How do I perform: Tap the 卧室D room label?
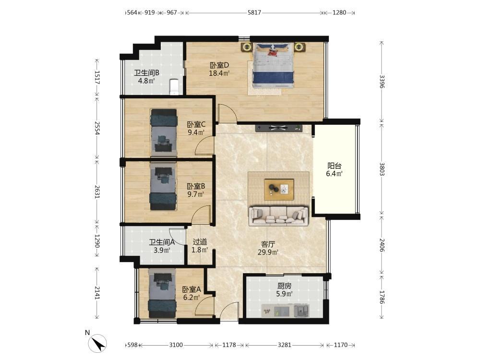coord(219,65)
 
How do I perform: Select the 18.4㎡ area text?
coord(219,73)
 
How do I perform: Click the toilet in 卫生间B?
coord(174,87)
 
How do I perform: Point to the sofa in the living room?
coord(278,216)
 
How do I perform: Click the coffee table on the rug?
coord(279,190)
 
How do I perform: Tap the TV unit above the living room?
coord(278,128)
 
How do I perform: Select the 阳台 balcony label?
coord(334,166)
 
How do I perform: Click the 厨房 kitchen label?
coord(284,286)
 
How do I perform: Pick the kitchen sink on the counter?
coord(301,311)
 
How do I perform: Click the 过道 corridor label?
coord(200,242)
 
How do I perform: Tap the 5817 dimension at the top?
coord(254,12)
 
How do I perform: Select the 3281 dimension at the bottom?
coord(284,345)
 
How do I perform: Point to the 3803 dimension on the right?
coord(382,169)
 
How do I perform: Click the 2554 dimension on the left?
coord(97,128)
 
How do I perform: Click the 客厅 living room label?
coord(268,244)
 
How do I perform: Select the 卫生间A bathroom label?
coord(162,242)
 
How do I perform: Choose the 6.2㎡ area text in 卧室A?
coord(192,297)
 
